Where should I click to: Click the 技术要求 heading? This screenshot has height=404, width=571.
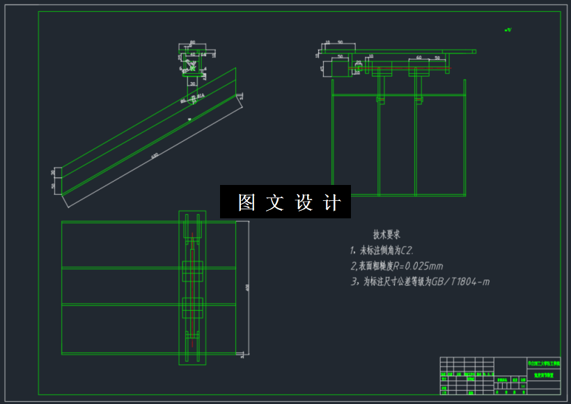point(386,235)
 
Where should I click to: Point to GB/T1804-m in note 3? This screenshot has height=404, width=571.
point(460,282)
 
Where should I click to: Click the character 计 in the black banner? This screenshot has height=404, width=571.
point(333,202)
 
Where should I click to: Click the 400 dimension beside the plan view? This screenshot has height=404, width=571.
point(247,286)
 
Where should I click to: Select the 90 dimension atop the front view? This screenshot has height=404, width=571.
point(341,43)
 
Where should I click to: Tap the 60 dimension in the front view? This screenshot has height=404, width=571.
point(419,58)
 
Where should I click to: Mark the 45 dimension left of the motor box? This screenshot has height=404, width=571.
point(322,68)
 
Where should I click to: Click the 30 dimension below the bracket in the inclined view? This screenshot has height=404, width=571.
point(193,83)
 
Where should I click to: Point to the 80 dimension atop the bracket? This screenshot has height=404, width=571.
point(192,42)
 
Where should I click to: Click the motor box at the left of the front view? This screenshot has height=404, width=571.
point(339,67)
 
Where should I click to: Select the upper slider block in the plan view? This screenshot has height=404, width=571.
point(192,270)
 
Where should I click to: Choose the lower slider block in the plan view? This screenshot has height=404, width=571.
point(192,307)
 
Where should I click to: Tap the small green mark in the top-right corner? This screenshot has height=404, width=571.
point(508,30)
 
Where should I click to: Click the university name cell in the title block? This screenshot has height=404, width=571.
point(544,363)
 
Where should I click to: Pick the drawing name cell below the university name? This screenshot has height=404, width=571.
point(544,374)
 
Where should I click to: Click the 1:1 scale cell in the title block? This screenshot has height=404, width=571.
point(522,380)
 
